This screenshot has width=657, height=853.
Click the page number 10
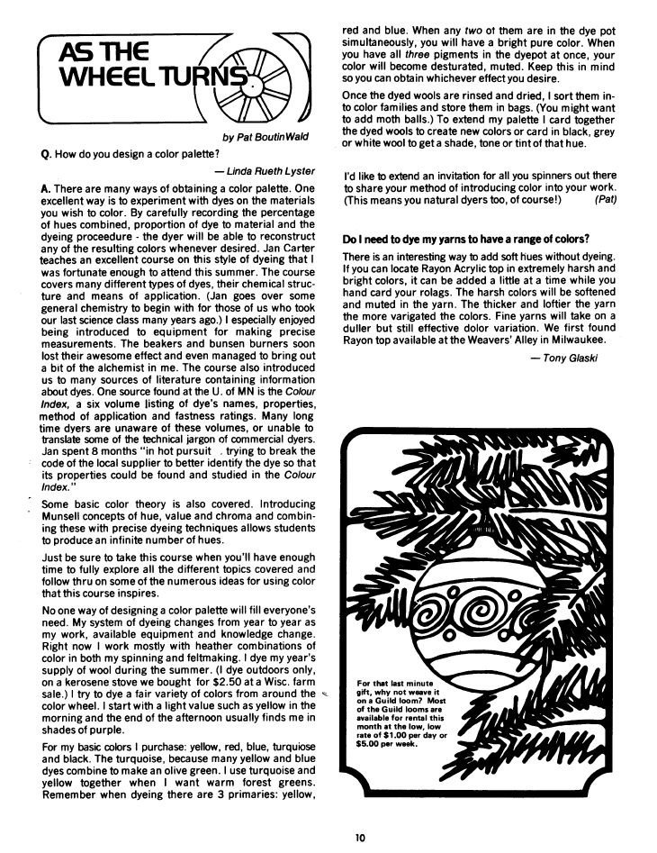point(359,838)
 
